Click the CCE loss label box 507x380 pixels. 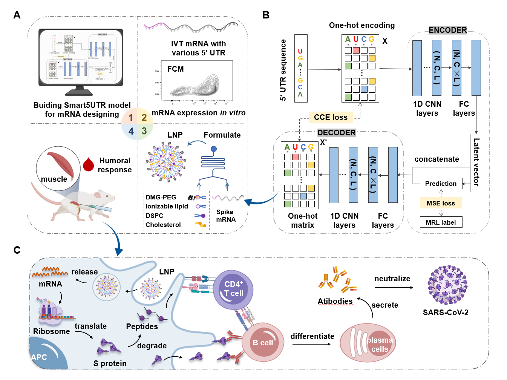(331, 117)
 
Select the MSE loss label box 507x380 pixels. (441, 203)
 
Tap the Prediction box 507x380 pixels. (441, 184)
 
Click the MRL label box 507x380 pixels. (441, 222)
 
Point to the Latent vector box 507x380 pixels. (476, 163)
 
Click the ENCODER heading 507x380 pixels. (448, 30)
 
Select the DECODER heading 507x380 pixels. (336, 133)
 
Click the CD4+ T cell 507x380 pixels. (233, 289)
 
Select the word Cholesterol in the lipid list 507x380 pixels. (163, 225)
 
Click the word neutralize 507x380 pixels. (392, 279)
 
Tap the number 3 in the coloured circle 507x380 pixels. (144, 131)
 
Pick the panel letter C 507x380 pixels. (17, 250)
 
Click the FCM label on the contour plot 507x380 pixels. (176, 69)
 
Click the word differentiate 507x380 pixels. (312, 336)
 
